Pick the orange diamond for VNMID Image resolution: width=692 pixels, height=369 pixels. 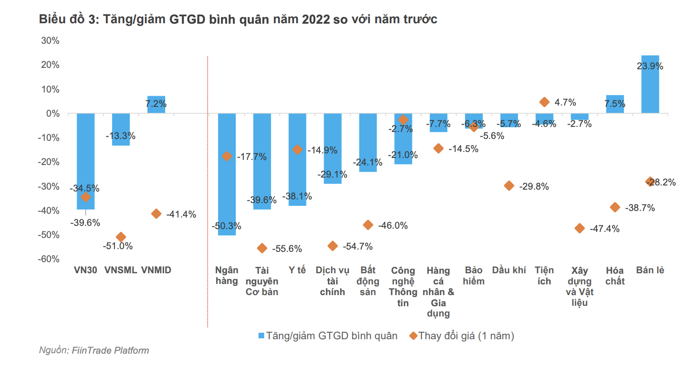coord(156,214)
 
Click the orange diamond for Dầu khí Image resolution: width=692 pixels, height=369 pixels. coord(509,186)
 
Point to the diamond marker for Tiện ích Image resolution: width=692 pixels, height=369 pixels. coord(544,102)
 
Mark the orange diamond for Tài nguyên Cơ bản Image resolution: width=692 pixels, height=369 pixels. coord(262,249)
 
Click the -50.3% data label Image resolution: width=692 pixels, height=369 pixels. coord(226,226)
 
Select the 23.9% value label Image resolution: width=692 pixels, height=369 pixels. coord(650,66)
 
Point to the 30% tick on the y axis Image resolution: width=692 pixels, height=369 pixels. coord(50,40)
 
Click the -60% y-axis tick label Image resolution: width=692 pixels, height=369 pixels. coord(48,259)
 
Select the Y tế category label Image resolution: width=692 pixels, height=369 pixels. coord(297,270)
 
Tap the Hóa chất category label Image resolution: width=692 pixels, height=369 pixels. coord(615,276)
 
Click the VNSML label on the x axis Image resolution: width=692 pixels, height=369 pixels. coord(121,270)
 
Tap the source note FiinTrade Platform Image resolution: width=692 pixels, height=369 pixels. coord(110,350)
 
